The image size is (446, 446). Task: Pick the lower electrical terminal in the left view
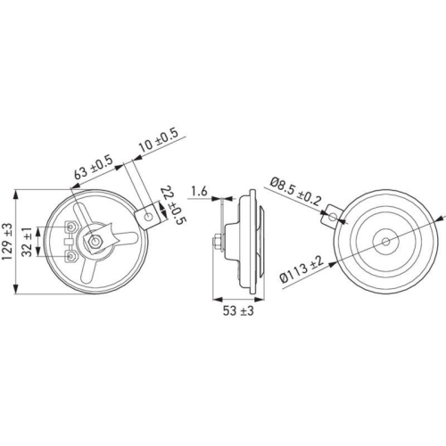[70, 256]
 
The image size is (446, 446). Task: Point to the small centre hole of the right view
[384, 241]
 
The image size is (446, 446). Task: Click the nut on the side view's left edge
[219, 241]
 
